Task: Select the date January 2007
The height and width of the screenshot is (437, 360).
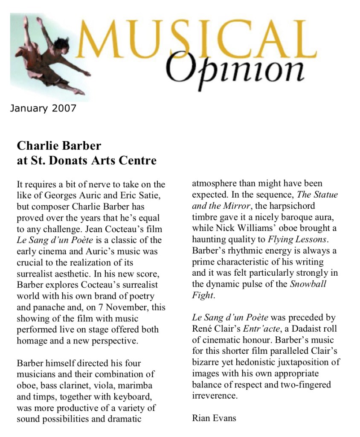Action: (43, 108)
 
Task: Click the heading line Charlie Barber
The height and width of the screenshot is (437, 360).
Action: (59, 146)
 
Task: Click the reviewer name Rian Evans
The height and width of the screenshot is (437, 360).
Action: (214, 417)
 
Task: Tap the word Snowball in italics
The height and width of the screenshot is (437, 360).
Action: (308, 284)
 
